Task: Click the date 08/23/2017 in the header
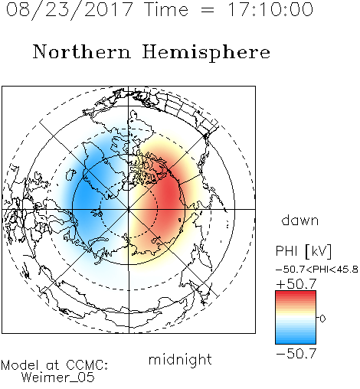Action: click(x=69, y=10)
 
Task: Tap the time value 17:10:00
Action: click(x=270, y=9)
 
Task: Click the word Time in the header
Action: click(x=166, y=9)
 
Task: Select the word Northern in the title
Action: click(x=82, y=51)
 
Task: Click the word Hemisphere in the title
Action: click(x=206, y=53)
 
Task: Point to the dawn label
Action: click(x=300, y=220)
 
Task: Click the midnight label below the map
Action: click(x=180, y=359)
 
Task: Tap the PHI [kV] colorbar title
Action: click(x=304, y=251)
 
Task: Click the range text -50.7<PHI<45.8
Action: click(x=317, y=270)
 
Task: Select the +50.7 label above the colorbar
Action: click(x=296, y=284)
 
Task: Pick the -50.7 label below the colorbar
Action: click(x=296, y=354)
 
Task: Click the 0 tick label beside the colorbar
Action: click(x=322, y=319)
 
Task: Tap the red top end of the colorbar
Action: click(x=296, y=293)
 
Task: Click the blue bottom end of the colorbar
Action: click(x=296, y=342)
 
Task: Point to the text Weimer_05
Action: click(x=58, y=378)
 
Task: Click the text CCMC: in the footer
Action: click(x=87, y=365)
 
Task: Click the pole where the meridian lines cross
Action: click(x=129, y=209)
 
